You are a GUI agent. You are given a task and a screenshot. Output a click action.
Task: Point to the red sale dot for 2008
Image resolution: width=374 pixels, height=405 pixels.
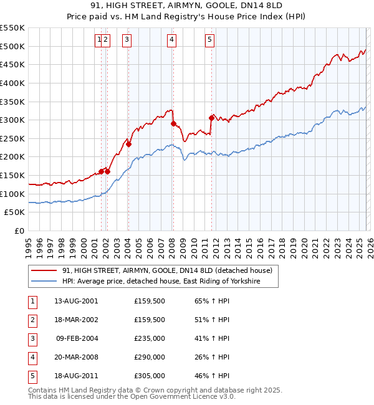click(x=173, y=123)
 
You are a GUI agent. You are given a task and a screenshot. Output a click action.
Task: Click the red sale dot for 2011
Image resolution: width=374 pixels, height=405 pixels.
click(x=211, y=118)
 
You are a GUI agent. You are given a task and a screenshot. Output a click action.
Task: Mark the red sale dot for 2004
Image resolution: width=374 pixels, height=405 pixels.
click(x=128, y=144)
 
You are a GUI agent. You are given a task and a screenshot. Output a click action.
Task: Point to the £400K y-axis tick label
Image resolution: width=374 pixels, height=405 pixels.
click(x=12, y=83)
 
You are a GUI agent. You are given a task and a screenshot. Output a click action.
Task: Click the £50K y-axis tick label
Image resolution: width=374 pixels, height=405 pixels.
click(x=15, y=212)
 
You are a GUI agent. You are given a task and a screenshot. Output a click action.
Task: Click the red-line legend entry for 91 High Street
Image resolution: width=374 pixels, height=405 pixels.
click(x=166, y=271)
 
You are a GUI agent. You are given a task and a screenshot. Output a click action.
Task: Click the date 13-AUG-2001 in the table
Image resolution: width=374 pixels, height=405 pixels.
click(x=76, y=301)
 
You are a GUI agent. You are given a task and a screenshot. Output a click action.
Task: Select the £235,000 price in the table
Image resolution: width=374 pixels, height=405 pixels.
click(x=150, y=338)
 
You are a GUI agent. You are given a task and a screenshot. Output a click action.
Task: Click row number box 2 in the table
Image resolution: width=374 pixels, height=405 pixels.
click(x=31, y=320)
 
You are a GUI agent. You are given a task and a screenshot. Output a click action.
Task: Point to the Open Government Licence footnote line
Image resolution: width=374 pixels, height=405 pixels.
click(x=132, y=396)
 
